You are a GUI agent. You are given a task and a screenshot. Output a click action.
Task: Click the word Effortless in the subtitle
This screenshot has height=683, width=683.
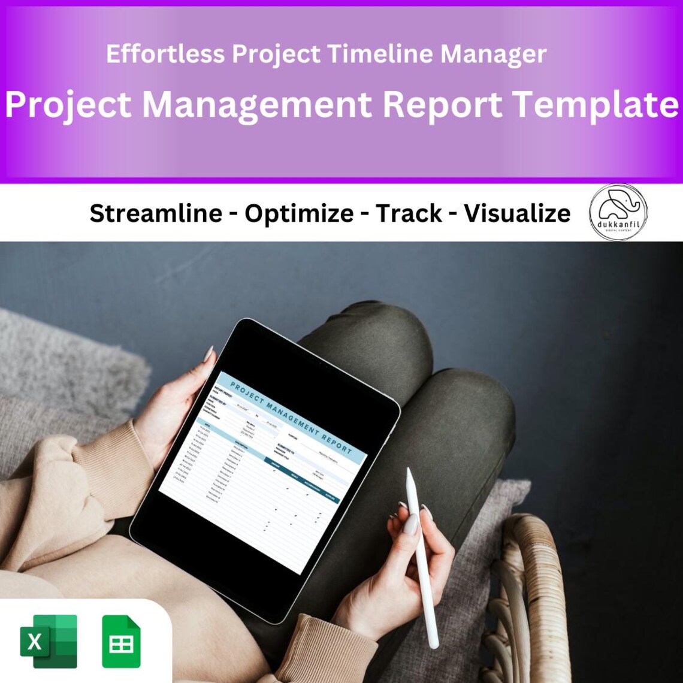(166, 55)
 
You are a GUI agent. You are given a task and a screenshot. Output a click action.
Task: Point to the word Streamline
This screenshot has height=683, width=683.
(156, 213)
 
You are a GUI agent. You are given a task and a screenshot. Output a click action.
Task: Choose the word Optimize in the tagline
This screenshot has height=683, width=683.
(299, 213)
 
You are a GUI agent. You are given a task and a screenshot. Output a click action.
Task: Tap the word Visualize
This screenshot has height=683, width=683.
(517, 213)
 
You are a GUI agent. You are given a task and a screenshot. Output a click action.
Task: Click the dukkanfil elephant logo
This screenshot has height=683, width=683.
(618, 211)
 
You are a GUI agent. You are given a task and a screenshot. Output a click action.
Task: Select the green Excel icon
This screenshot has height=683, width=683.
(49, 640)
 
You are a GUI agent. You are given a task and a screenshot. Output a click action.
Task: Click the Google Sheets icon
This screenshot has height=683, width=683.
(121, 641)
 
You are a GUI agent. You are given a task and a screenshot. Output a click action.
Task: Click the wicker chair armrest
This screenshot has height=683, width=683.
(527, 575)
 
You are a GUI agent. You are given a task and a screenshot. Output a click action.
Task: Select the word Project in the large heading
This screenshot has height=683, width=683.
(68, 104)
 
